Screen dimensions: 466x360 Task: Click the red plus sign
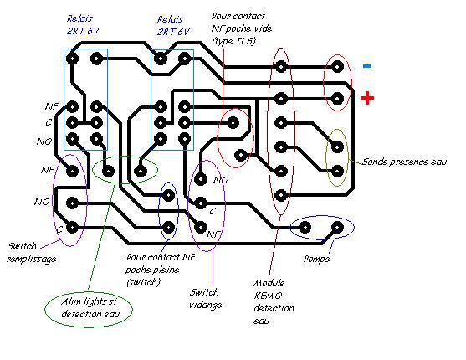(367, 98)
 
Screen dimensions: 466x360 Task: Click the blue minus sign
(367, 66)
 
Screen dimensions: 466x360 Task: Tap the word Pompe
(316, 259)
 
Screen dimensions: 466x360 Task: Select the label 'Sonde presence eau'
(404, 162)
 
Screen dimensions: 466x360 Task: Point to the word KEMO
(268, 296)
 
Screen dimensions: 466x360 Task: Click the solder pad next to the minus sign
(337, 67)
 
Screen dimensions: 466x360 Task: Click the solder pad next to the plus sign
(337, 99)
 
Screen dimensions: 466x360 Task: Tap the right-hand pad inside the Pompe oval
(337, 228)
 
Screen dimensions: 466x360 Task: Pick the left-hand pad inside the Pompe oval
(305, 228)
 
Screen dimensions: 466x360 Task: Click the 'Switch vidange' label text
(205, 298)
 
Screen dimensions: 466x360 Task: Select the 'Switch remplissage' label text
(32, 253)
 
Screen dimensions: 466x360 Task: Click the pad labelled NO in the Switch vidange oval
(201, 179)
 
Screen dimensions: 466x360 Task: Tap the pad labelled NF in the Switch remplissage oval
(72, 171)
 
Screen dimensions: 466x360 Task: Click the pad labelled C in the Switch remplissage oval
(72, 228)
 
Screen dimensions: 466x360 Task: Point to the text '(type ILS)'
(234, 41)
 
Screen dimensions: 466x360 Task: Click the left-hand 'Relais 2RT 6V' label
(83, 25)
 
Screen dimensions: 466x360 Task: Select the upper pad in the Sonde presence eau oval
(337, 147)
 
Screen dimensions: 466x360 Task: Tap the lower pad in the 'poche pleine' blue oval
(168, 228)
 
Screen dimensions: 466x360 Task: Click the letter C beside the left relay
(49, 122)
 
